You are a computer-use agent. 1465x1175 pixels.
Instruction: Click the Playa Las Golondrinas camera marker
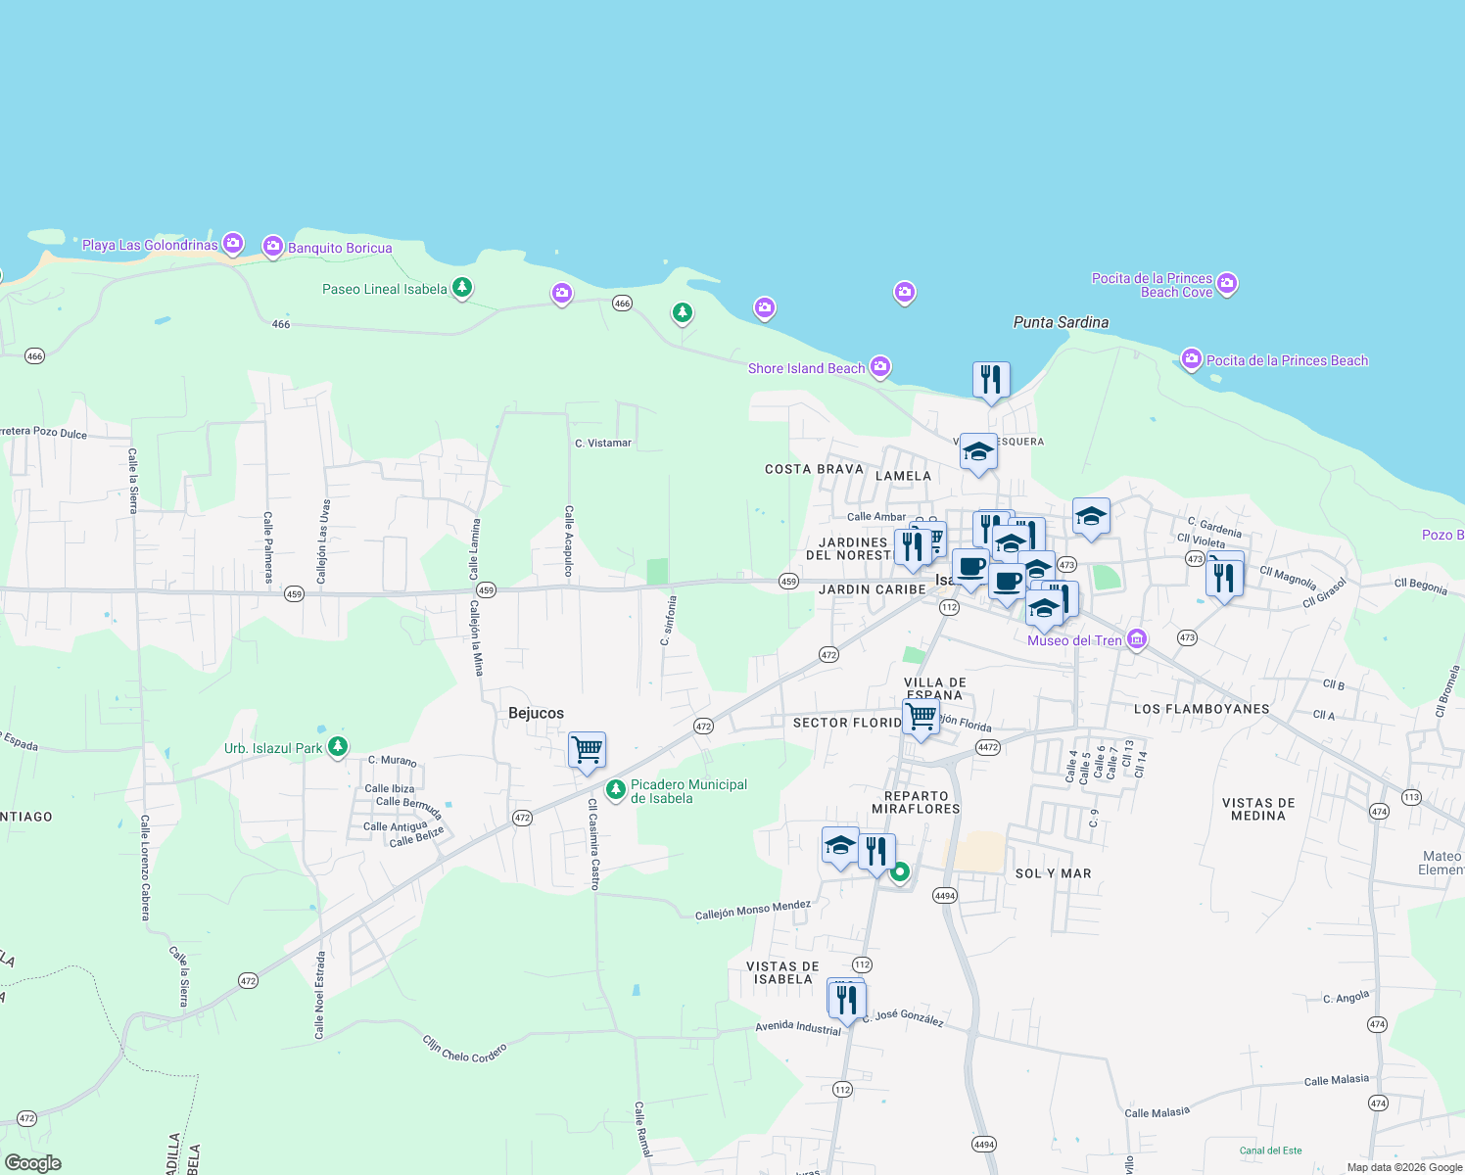pos(232,243)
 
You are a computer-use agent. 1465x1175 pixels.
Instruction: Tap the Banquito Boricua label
pos(340,248)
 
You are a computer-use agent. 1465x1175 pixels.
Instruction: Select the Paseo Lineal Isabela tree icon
pos(462,288)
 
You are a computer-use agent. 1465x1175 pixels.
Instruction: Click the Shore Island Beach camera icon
pos(880,366)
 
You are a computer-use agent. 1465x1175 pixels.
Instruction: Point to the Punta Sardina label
pos(1061,322)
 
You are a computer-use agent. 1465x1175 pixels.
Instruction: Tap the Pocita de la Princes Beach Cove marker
pos(1227,284)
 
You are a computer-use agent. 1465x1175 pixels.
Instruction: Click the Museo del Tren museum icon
pos(1137,639)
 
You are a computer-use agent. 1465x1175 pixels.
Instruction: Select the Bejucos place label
pos(536,713)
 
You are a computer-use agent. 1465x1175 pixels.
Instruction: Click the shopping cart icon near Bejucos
pos(587,750)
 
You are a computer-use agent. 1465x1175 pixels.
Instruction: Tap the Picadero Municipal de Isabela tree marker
pos(615,788)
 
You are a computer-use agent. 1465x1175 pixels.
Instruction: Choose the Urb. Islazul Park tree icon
pos(337,747)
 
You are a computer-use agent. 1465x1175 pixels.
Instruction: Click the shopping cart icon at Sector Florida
pos(921,717)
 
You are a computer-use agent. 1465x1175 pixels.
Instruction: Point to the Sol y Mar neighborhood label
pos(1053,873)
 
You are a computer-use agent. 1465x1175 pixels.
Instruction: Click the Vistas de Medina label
pos(1258,809)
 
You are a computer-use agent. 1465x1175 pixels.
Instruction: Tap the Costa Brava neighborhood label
pos(814,469)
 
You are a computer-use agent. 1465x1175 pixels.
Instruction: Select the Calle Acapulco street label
pos(568,540)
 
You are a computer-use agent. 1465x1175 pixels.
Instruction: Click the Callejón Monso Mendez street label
pos(752,911)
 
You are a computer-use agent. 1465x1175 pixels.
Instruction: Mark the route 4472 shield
pos(987,747)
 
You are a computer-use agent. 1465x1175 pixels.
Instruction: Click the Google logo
pos(33,1162)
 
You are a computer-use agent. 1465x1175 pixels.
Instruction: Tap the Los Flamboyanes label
pos(1201,709)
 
